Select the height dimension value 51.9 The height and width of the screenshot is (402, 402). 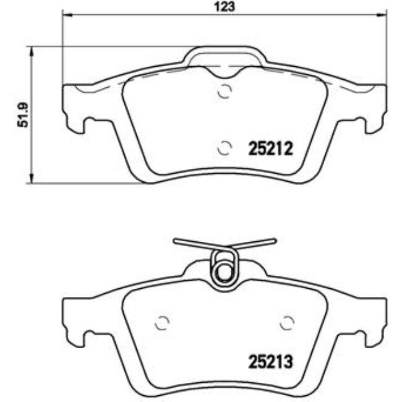coord(24,114)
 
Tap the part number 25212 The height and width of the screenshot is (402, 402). coord(270,148)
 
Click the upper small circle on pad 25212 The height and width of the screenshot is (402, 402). coord(225,91)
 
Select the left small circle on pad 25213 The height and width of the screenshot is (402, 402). coord(161,323)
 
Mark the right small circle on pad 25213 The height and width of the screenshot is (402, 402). coord(286,323)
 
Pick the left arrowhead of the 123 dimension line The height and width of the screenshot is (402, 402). coord(66,15)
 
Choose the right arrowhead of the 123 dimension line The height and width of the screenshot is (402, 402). coord(383,15)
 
